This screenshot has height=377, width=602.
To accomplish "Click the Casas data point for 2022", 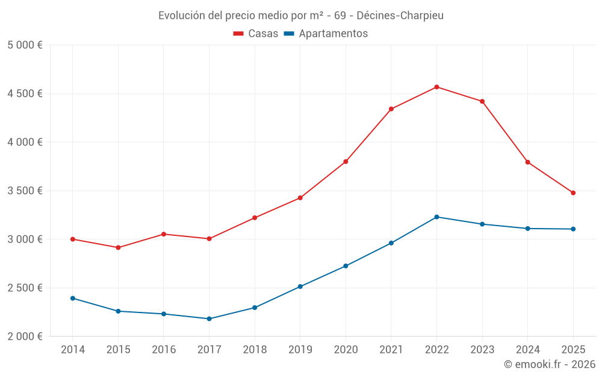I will tap(436, 87).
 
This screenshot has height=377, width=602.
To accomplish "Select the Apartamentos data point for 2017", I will tap(209, 318).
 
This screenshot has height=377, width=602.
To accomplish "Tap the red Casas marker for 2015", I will tap(118, 247).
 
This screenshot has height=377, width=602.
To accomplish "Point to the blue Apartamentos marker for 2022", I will tap(436, 217).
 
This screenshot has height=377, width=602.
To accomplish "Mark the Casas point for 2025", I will tap(573, 193).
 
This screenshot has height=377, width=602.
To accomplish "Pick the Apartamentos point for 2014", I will tap(72, 298).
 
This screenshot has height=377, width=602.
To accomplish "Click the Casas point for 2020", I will tap(346, 162).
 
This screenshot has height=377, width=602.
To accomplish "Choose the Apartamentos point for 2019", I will tap(300, 287).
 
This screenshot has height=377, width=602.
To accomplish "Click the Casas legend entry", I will tap(256, 34).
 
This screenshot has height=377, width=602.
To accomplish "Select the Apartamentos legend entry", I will tap(326, 34).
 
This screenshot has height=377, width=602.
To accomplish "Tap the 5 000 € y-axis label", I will tap(25, 45).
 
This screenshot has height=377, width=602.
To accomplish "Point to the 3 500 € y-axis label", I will tap(25, 191).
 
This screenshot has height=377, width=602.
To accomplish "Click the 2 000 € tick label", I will tap(25, 336).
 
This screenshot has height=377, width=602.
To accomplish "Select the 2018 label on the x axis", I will tap(255, 350).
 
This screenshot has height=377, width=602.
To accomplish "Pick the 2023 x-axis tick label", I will tap(482, 350).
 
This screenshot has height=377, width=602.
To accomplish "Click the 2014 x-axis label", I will tap(72, 350).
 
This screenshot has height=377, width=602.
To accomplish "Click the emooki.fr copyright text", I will tap(549, 364).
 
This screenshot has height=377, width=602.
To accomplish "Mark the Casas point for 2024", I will tap(527, 162).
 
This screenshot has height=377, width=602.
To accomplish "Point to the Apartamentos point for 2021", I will tap(391, 243).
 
